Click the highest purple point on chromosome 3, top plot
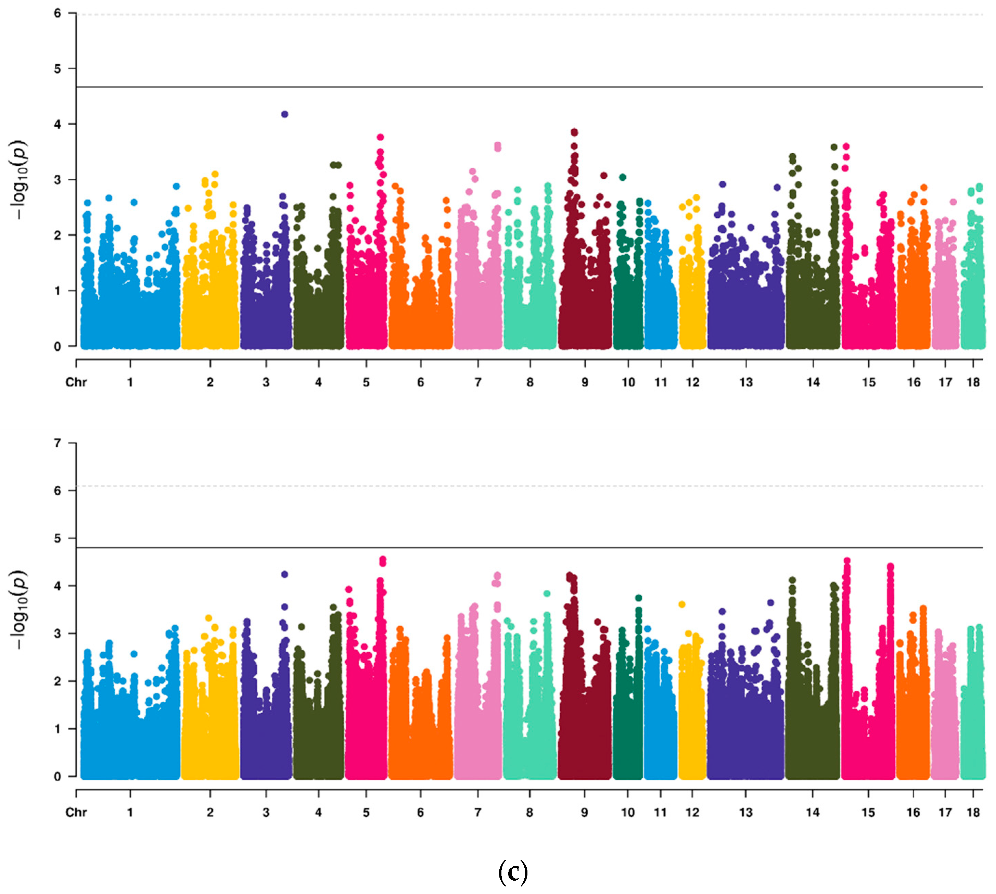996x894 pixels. point(284,114)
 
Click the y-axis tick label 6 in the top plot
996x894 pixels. point(58,13)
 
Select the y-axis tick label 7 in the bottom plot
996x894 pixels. point(58,443)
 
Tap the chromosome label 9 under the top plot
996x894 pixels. point(585,382)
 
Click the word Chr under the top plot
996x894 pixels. point(76,382)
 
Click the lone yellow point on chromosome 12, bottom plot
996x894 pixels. point(682,604)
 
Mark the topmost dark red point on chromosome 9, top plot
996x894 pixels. point(574,132)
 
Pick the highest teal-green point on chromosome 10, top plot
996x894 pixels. point(623,177)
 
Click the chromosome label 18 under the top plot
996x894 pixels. point(973,382)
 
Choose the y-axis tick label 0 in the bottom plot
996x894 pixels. point(58,777)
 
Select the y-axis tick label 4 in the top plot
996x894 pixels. point(58,124)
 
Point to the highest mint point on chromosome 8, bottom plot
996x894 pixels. point(547,593)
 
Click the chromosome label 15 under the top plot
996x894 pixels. point(868,382)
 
